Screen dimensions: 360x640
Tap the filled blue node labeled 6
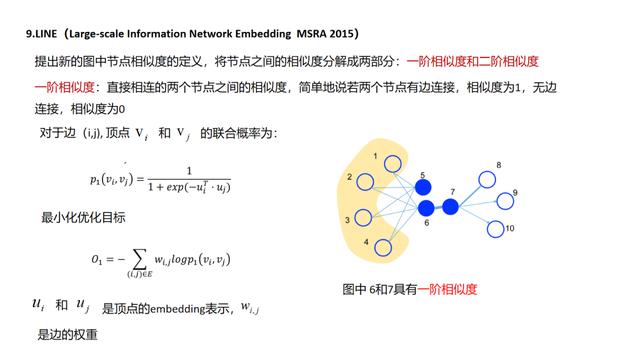coord(426,208)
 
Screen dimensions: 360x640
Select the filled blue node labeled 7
coord(450,206)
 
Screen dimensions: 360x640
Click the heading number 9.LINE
coord(44,33)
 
